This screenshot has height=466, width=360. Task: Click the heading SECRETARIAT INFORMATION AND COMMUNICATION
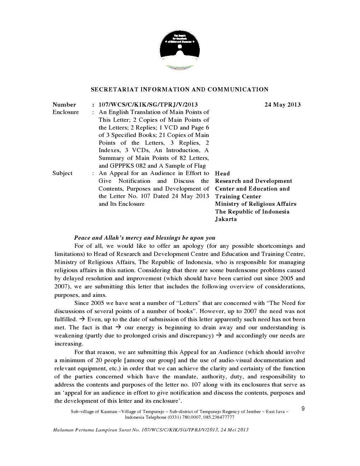click(180, 89)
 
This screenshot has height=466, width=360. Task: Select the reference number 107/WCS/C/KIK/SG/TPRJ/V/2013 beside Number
click(148, 104)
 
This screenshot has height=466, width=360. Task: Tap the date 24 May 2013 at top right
click(282, 104)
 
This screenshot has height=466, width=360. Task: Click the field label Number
click(64, 104)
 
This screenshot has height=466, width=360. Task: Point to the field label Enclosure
click(66, 112)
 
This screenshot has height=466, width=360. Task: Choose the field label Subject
click(62, 173)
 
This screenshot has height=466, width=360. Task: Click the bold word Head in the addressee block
click(222, 173)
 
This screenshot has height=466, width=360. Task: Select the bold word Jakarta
click(226, 219)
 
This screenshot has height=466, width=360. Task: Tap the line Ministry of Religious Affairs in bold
click(256, 204)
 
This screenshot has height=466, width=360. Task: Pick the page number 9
click(303, 409)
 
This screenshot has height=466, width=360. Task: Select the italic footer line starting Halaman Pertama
click(151, 430)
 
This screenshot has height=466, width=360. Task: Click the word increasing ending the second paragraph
click(68, 344)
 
